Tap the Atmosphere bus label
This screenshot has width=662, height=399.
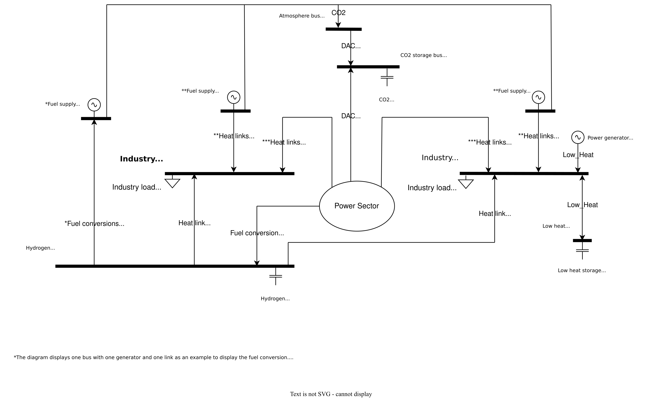(302, 16)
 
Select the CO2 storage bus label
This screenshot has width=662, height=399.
(424, 55)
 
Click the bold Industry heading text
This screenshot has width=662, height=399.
(141, 159)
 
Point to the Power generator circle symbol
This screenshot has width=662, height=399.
(578, 138)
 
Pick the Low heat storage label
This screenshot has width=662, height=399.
(582, 270)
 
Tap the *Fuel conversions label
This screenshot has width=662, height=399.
(94, 224)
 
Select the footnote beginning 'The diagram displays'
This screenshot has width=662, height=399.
(153, 357)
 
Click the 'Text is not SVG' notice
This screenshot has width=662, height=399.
(331, 394)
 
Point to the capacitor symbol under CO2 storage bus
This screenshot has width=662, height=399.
(387, 77)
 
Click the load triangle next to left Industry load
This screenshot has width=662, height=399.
(172, 183)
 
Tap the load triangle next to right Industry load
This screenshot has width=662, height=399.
(466, 184)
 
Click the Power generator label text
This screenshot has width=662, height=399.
(610, 138)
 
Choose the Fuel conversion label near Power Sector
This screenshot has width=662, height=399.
(257, 233)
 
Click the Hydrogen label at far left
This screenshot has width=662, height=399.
(40, 248)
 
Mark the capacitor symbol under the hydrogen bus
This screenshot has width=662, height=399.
(276, 276)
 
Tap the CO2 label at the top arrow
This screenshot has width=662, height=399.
(338, 13)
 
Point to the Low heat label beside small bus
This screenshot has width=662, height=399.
(556, 226)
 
